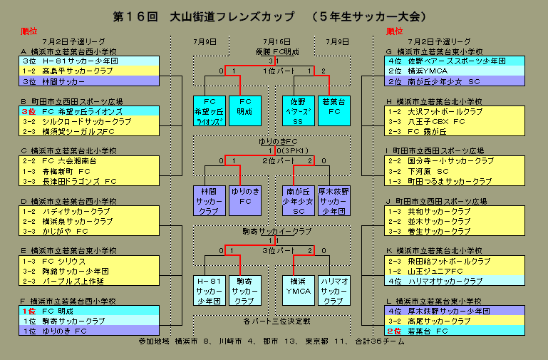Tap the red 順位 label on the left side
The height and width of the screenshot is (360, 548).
tap(29, 31)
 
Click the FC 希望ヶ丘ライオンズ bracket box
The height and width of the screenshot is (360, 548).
tap(210, 111)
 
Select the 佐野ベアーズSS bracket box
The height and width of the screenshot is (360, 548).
tap(297, 111)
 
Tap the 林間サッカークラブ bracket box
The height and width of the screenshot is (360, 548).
tap(210, 201)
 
